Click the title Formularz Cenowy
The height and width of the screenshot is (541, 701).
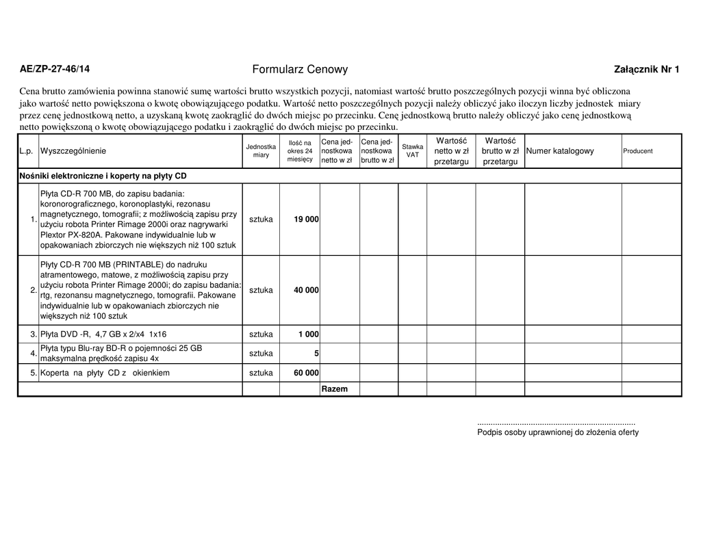300,69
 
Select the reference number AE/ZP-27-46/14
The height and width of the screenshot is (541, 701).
54,69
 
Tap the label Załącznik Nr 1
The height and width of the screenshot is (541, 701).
647,69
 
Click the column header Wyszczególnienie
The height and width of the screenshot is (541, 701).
74,151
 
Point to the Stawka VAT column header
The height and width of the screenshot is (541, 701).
412,151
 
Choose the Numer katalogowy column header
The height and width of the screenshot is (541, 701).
560,151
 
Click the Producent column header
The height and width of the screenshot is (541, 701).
637,151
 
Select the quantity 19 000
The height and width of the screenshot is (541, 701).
306,220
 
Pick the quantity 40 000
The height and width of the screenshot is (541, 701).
306,290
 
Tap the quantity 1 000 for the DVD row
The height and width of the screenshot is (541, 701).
308,334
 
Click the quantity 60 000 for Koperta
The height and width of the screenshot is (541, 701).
306,373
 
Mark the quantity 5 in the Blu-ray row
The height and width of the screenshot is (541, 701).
316,354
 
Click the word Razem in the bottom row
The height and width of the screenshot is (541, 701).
335,389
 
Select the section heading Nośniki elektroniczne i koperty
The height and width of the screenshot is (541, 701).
103,176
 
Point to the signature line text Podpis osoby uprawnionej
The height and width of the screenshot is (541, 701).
558,432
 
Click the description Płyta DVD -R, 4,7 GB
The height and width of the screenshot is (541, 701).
103,334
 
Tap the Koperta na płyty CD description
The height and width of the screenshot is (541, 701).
105,373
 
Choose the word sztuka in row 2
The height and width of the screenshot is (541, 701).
261,290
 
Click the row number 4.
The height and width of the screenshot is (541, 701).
34,354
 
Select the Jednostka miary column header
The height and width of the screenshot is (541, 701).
261,151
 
